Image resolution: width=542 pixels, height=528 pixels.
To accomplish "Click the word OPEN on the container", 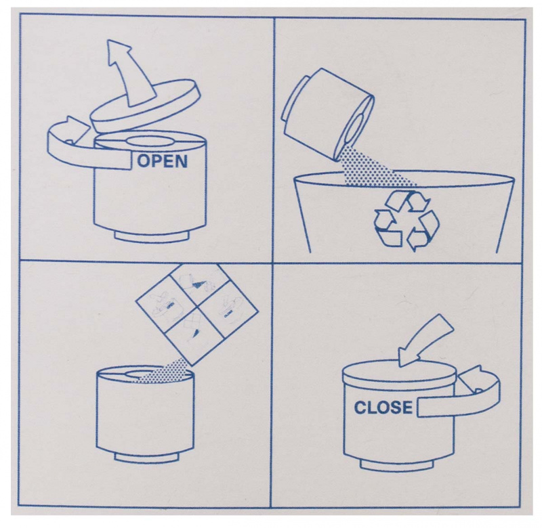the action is click(163, 161).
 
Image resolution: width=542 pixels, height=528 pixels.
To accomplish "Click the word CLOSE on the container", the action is click(383, 408).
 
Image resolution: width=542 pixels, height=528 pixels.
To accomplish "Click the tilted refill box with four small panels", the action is click(197, 315).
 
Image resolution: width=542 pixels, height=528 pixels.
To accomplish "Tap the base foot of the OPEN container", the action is click(152, 235).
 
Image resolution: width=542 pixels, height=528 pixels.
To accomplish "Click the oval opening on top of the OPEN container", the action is click(149, 141).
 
